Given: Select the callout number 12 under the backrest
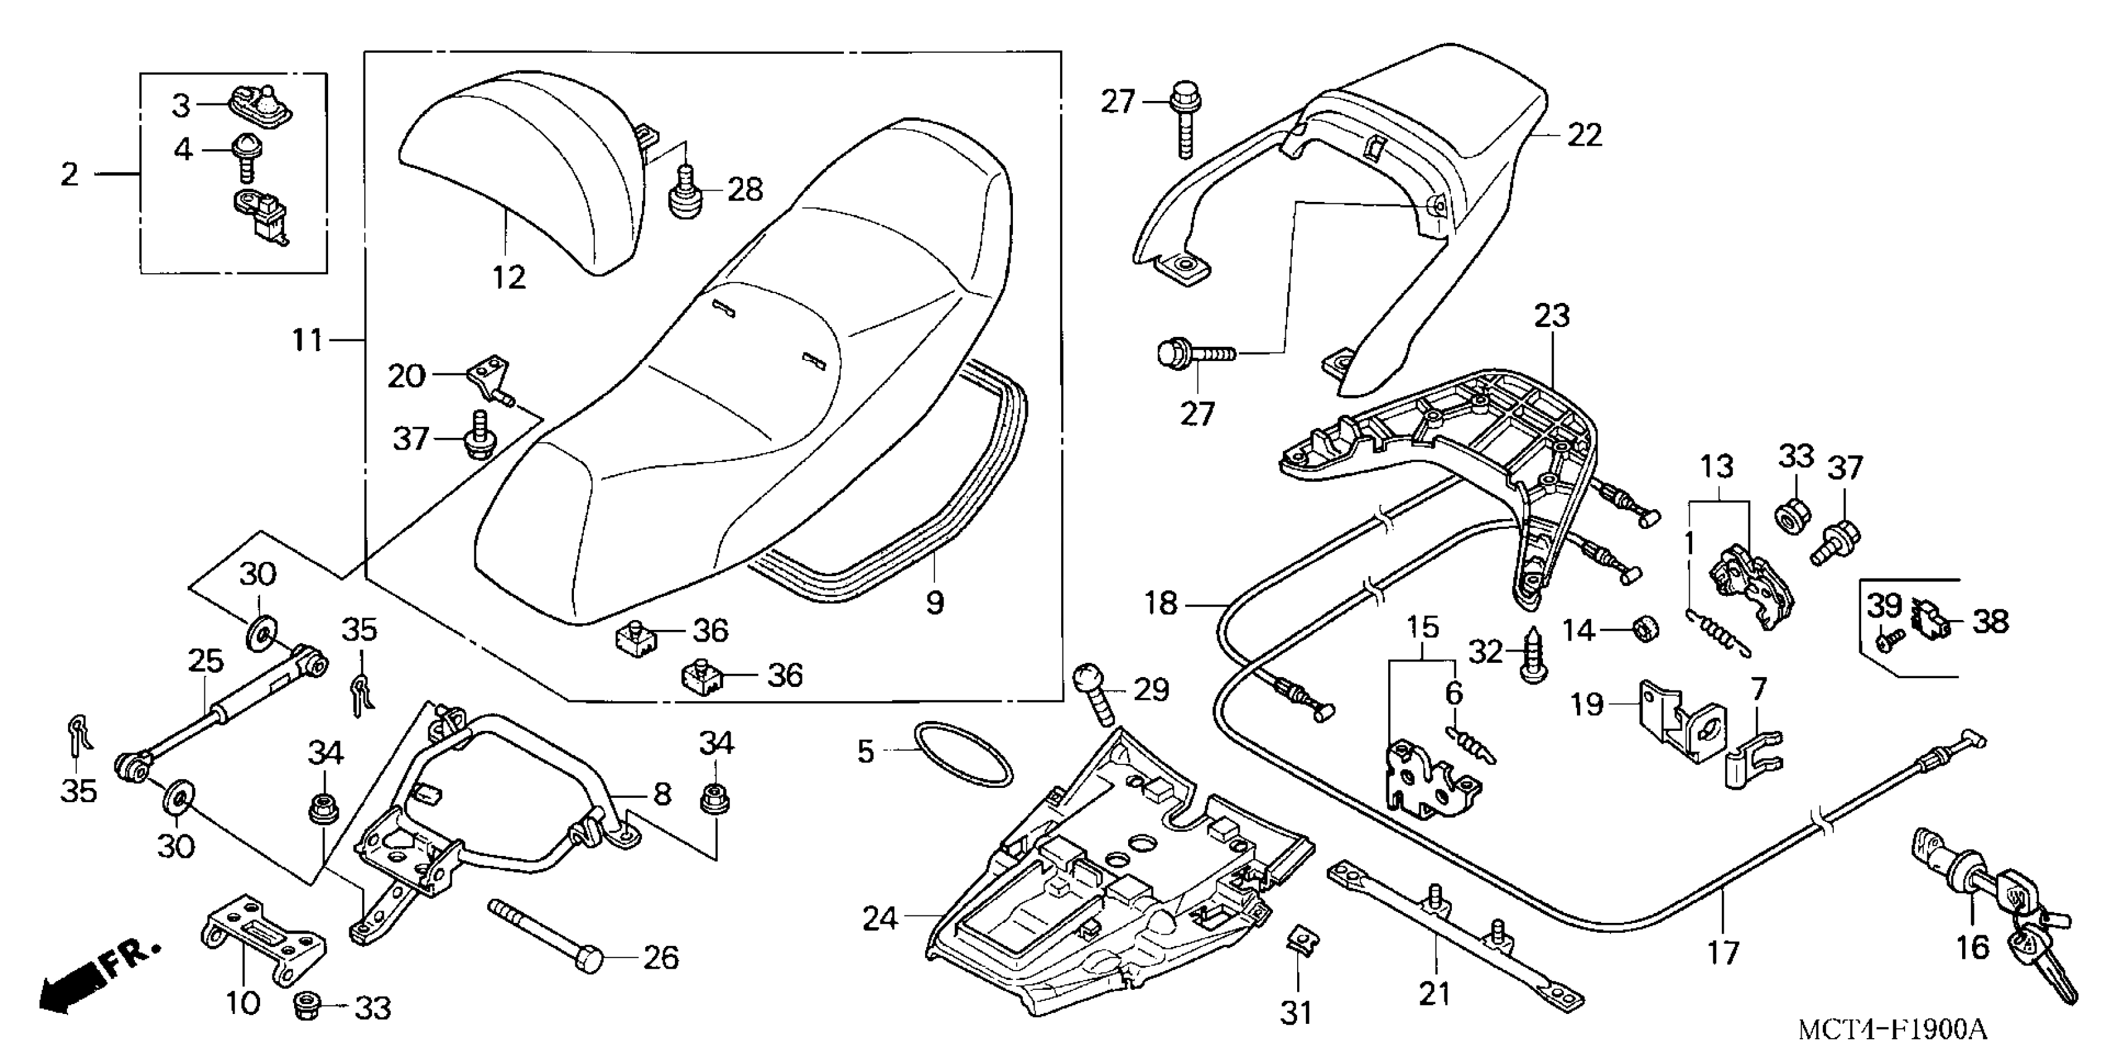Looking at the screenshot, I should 509,277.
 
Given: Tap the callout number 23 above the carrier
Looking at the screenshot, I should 1552,316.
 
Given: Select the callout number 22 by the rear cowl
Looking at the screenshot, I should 1584,135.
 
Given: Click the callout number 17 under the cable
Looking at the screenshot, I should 1723,953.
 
